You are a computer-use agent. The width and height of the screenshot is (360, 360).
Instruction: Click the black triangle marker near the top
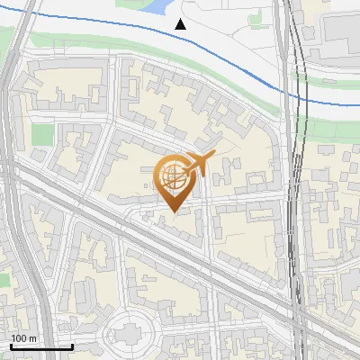pyautogui.click(x=181, y=24)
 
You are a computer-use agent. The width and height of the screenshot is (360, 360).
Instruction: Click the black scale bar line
pyautogui.click(x=40, y=346)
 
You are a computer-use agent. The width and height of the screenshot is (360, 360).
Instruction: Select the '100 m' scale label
pyautogui.click(x=23, y=338)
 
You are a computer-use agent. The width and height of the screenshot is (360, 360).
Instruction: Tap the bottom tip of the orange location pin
pyautogui.click(x=174, y=212)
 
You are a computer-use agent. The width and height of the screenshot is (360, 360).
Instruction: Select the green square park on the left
pyautogui.click(x=43, y=136)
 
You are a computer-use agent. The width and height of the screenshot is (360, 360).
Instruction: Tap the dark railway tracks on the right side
pyautogui.click(x=293, y=180)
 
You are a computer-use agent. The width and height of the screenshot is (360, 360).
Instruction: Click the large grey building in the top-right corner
pyautogui.click(x=341, y=27)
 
